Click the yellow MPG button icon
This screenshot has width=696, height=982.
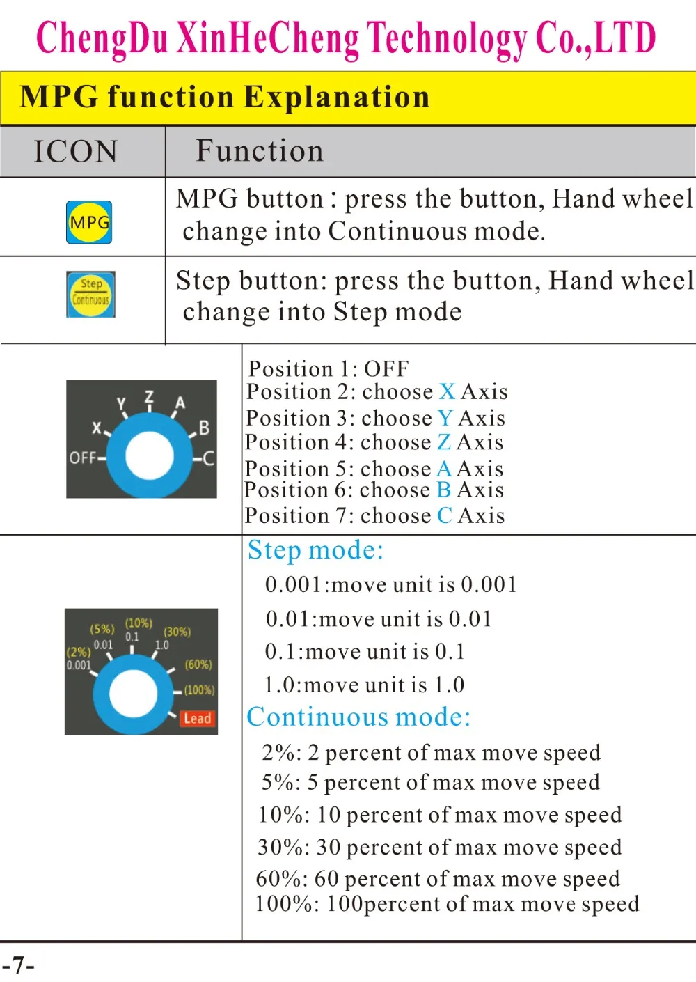89,222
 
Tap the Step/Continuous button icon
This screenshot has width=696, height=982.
90,294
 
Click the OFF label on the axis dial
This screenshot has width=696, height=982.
82,458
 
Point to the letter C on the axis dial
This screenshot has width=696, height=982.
208,458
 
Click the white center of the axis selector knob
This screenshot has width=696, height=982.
150,456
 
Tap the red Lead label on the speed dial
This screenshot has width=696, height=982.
197,718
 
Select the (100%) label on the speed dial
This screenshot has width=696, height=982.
199,690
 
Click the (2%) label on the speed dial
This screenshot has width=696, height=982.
78,652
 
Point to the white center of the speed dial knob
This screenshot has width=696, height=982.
134,694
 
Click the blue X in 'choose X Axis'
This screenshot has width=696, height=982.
448,392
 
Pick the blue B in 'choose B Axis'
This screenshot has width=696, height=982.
443,490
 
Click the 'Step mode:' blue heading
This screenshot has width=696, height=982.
315,550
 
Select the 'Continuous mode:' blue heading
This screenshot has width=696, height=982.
358,717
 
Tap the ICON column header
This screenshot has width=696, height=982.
76,151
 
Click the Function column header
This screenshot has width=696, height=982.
260,151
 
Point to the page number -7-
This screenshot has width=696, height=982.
18,965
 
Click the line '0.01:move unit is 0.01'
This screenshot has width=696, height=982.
379,618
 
